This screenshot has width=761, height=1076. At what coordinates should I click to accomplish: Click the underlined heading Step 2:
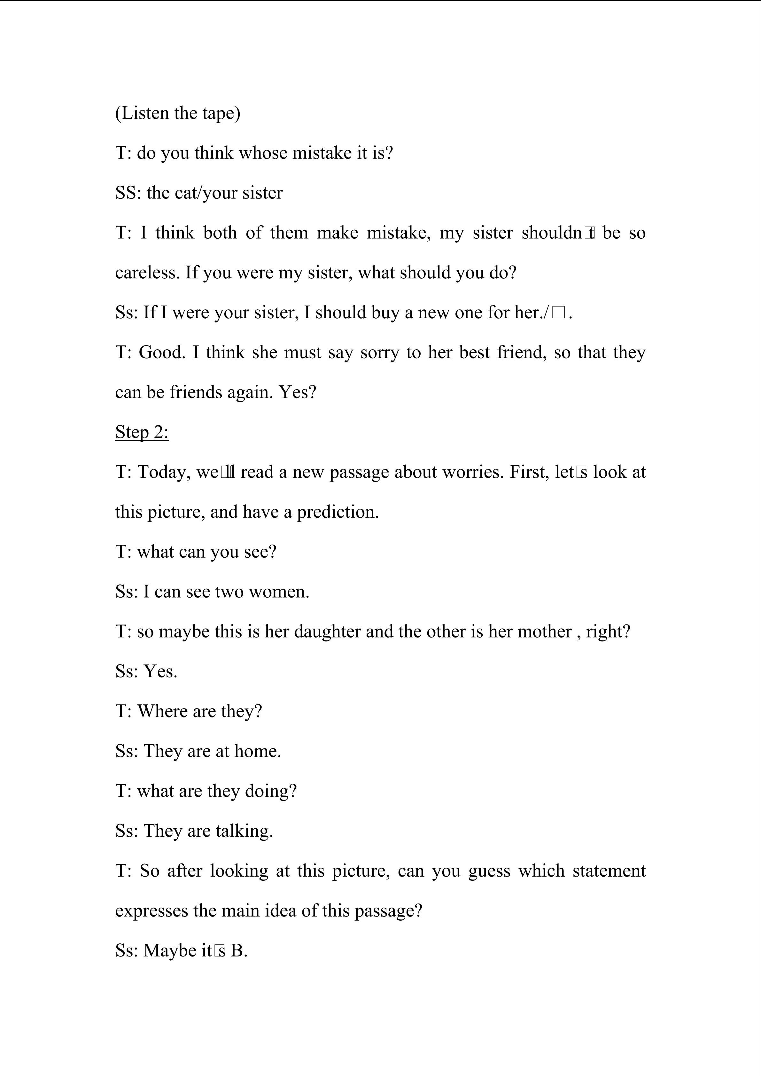(x=142, y=432)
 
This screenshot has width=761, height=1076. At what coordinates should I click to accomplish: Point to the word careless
(x=147, y=273)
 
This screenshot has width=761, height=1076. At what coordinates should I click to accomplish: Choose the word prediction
(x=338, y=512)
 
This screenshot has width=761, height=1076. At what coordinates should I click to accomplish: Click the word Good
(x=162, y=352)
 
